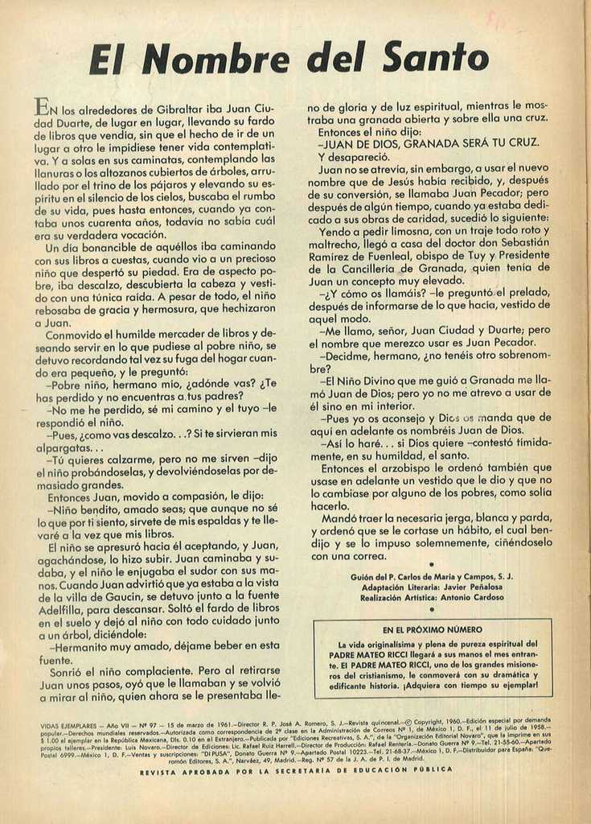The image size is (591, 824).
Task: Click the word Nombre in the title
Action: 221,59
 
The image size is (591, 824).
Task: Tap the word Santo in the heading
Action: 435,58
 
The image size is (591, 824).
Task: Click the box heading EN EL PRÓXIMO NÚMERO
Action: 433,629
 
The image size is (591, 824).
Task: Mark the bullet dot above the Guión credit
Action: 432,565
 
